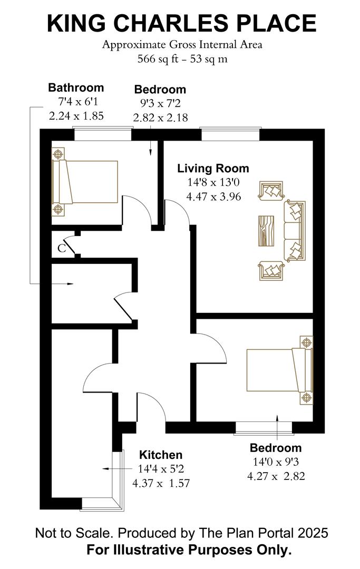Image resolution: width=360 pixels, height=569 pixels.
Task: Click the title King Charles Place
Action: tap(181, 23)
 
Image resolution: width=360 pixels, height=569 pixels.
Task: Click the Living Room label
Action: tap(213, 169)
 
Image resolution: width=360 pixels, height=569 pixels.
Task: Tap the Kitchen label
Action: tap(160, 455)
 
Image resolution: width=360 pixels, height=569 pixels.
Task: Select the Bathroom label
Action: tap(76, 87)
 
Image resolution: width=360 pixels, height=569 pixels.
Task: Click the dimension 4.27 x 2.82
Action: tap(276, 476)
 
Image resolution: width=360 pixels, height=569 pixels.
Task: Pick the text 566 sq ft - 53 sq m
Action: tap(182, 58)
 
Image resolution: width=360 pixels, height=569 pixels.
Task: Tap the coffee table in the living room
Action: tap(267, 231)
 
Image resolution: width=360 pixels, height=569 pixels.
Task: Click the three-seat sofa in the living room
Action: tap(295, 231)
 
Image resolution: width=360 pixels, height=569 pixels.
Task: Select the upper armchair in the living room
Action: tap(271, 192)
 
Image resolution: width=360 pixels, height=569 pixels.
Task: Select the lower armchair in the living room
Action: tap(271, 271)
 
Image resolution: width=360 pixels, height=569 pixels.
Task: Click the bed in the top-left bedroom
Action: tap(84, 182)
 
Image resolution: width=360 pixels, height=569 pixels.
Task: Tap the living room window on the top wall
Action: tap(230, 134)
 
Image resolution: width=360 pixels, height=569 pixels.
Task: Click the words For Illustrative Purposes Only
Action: tap(189, 551)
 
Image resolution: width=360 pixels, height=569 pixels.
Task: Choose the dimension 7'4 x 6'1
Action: tap(76, 102)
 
